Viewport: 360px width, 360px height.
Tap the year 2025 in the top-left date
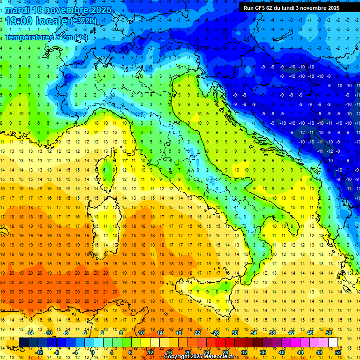pos(100,10)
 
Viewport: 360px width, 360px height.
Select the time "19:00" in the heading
pos(20,21)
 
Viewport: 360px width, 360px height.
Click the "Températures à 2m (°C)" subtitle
pos(46,37)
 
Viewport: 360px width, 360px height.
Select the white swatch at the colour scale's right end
pos(333,343)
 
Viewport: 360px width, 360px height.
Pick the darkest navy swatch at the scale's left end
pos(23,343)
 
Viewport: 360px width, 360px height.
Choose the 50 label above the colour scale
pos(329,333)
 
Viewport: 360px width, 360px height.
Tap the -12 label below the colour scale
pos(39,352)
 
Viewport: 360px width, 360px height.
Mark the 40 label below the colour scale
pos(282,352)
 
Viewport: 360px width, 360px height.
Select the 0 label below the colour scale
pos(93,352)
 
